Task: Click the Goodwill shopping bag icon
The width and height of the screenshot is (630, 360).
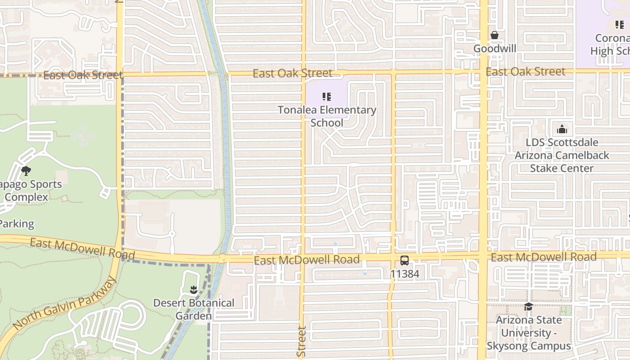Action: click(495, 35)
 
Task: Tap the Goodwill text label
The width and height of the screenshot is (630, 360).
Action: click(495, 48)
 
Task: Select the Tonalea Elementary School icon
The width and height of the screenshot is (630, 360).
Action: click(327, 97)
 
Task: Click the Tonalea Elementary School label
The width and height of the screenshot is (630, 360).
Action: click(327, 116)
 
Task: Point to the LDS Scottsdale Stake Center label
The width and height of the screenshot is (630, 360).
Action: click(562, 155)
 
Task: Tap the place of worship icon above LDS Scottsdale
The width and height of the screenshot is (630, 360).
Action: click(562, 130)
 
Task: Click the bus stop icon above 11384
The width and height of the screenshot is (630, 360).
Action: click(405, 260)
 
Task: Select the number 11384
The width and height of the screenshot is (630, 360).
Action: click(405, 274)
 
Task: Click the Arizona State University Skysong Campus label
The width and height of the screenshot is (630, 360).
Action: click(529, 333)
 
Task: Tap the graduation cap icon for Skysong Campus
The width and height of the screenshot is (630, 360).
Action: click(528, 307)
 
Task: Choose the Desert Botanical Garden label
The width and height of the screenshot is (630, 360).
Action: click(193, 309)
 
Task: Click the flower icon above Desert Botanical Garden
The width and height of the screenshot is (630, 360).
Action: click(193, 289)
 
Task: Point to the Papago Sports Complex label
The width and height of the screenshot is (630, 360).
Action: click(27, 191)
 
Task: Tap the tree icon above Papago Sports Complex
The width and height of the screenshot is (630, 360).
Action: click(26, 171)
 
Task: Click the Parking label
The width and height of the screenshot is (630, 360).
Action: click(17, 224)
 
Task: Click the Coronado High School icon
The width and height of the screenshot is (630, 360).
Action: click(619, 25)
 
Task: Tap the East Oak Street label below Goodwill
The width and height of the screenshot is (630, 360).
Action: click(525, 72)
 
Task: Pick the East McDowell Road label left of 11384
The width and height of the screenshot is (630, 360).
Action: click(306, 260)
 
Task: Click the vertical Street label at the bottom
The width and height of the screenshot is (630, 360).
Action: click(302, 342)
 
